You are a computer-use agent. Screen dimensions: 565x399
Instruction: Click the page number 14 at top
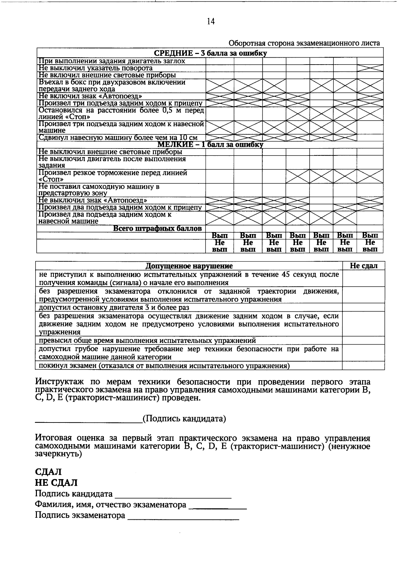coord(211,22)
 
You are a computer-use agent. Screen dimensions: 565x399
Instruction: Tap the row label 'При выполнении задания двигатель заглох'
coord(112,61)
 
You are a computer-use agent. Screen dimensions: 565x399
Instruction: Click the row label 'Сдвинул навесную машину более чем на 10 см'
coord(118,138)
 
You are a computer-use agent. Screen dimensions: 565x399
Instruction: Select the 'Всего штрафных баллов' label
coord(157,229)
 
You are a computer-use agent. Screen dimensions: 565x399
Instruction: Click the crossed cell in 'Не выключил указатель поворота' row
coord(370,68)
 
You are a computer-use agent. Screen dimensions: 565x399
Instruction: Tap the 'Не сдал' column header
coord(363,266)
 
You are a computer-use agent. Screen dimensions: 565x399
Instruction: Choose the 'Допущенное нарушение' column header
coord(189,266)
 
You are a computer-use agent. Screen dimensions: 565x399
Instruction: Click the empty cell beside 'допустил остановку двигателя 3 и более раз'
coord(363,307)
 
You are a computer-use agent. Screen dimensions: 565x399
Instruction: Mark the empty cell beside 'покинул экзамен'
coord(363,366)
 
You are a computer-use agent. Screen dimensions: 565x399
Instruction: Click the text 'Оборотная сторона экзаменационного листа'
coord(304,43)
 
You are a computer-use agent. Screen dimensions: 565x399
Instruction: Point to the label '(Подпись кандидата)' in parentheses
coord(184,419)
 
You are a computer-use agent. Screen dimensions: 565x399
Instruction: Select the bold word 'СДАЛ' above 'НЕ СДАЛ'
coord(48,472)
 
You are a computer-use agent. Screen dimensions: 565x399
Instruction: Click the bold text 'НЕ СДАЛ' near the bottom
coord(56,482)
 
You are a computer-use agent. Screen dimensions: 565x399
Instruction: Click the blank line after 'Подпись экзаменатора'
coord(183,517)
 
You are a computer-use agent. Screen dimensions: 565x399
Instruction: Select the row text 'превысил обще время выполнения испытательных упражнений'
coord(147,341)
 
